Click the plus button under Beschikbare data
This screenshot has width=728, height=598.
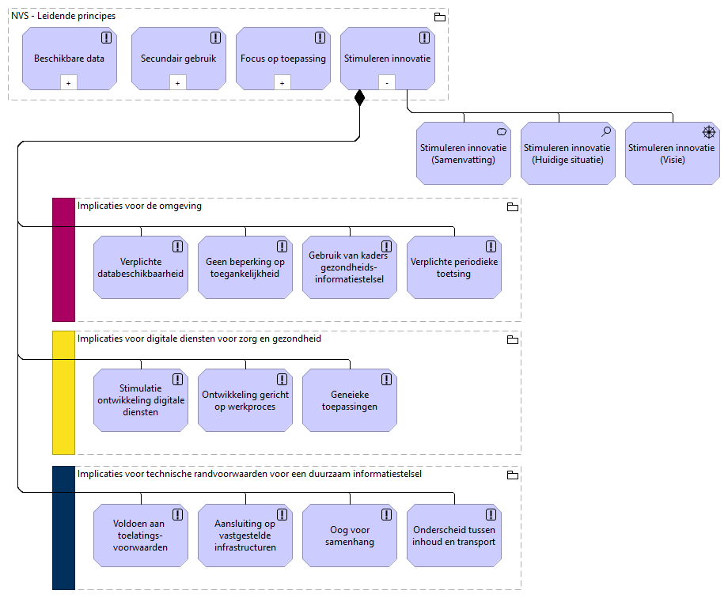pos(69,82)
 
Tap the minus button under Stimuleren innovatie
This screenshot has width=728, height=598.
pos(386,82)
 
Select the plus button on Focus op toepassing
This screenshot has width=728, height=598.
pos(282,82)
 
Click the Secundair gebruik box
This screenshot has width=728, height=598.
pos(178,58)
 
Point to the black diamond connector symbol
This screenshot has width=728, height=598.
pos(359,98)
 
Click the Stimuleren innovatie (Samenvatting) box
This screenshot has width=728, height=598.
pos(464,153)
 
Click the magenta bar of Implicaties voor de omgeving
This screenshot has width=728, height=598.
pos(63,259)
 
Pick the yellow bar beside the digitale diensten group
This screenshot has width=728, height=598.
pos(63,392)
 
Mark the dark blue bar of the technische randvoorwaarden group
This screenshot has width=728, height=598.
pos(63,528)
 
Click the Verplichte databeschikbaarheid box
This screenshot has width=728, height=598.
pos(141,267)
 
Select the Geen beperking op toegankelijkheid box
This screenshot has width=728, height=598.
pos(245,267)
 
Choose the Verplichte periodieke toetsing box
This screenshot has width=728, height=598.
pos(454,267)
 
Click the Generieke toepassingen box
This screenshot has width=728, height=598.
pos(350,400)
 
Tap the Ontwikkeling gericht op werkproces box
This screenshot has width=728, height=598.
pos(245,400)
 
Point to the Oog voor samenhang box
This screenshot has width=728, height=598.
pos(350,536)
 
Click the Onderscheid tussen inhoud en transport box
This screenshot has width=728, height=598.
pos(454,536)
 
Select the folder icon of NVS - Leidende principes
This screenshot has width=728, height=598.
pos(440,17)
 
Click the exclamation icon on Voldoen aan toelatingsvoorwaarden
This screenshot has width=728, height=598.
pos(177,514)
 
